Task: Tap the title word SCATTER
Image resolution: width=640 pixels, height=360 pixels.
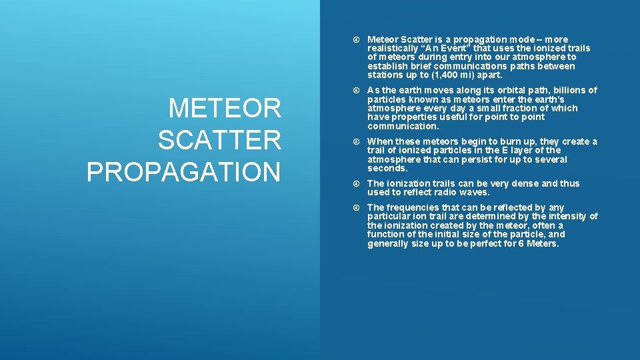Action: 219,140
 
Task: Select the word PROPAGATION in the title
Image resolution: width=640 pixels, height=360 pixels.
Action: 183,171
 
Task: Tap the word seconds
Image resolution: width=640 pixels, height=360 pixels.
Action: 387,169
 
